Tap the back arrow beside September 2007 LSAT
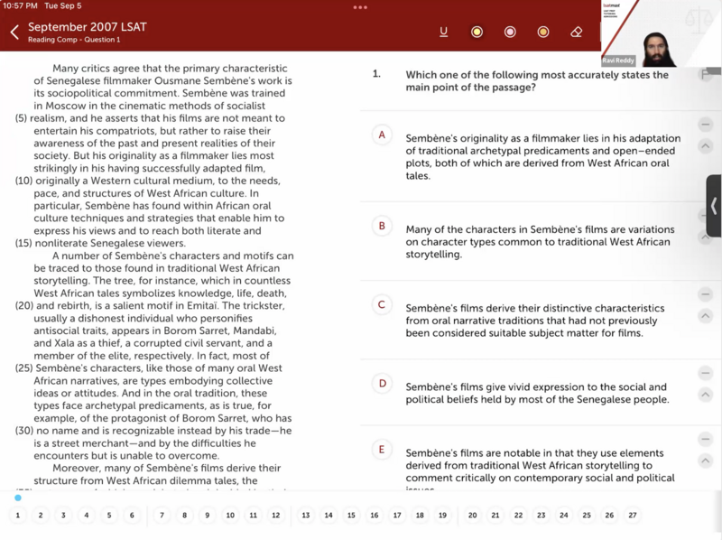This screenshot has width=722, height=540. [x=14, y=33]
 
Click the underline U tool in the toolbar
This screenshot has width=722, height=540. [x=443, y=33]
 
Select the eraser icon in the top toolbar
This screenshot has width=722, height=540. [x=577, y=33]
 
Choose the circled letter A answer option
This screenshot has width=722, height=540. [x=382, y=135]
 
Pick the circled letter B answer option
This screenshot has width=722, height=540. [x=382, y=226]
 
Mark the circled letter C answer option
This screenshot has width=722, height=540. [x=382, y=305]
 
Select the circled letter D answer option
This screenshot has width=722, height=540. [x=382, y=384]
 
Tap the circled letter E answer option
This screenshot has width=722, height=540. [x=382, y=450]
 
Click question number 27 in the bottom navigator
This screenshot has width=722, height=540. [x=632, y=516]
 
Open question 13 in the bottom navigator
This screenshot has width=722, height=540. [x=306, y=516]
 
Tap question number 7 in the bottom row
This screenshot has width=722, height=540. [x=162, y=516]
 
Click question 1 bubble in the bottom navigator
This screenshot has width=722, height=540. [x=17, y=516]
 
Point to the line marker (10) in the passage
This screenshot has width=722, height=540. [x=24, y=181]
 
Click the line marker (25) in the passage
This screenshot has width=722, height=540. [x=24, y=368]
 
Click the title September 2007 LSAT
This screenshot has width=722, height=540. [x=87, y=27]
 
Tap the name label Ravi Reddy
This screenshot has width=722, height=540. [x=618, y=61]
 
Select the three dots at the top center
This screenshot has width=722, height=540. [x=360, y=7]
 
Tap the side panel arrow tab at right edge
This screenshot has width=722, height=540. [x=713, y=206]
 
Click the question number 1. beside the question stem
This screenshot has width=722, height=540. [x=376, y=75]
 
